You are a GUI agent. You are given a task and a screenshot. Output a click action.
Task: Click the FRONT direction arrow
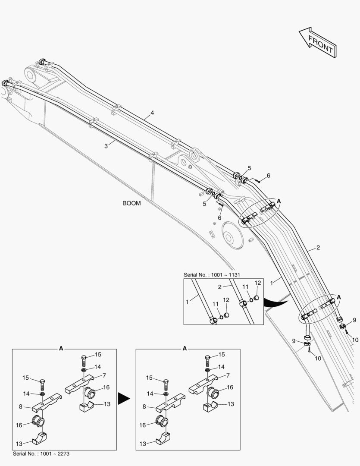click(316, 42)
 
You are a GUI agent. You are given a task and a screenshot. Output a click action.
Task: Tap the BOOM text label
click(131, 203)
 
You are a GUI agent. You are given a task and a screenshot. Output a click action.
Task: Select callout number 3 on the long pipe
click(106, 146)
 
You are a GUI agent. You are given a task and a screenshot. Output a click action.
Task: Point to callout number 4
click(152, 113)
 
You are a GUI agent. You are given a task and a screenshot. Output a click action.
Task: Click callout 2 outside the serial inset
click(318, 248)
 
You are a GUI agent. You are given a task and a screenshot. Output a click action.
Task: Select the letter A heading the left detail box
click(61, 348)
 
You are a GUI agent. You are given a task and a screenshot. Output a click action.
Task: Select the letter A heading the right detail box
click(185, 348)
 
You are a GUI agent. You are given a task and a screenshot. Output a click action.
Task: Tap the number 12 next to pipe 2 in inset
click(258, 283)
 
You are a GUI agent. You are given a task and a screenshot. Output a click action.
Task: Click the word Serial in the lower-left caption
click(21, 454)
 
